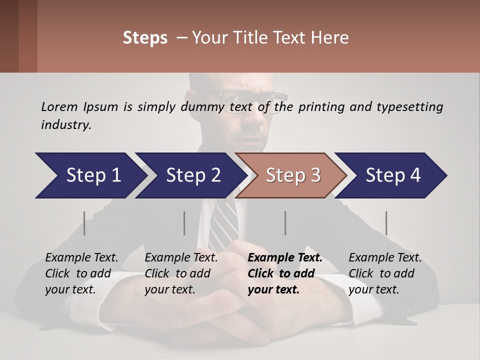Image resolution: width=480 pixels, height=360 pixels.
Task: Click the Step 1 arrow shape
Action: pyautogui.click(x=90, y=175)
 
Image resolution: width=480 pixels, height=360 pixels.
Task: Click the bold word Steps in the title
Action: pyautogui.click(x=145, y=38)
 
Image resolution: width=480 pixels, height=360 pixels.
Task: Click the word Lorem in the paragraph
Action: pyautogui.click(x=59, y=106)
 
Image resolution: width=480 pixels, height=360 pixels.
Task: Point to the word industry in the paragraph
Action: pyautogui.click(x=65, y=125)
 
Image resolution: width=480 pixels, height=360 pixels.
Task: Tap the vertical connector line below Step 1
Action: pyautogui.click(x=84, y=223)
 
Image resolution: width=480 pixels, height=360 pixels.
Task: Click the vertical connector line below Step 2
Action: pyautogui.click(x=184, y=223)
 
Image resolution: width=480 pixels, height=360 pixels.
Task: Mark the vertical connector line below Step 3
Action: pyautogui.click(x=285, y=223)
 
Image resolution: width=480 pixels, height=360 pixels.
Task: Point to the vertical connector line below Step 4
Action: pyautogui.click(x=386, y=223)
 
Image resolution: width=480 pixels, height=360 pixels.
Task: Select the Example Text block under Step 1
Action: pyautogui.click(x=81, y=273)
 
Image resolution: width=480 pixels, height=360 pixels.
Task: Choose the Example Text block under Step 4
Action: pyautogui.click(x=385, y=273)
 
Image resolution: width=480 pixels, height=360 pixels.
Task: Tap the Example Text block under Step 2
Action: pyautogui.click(x=181, y=273)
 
